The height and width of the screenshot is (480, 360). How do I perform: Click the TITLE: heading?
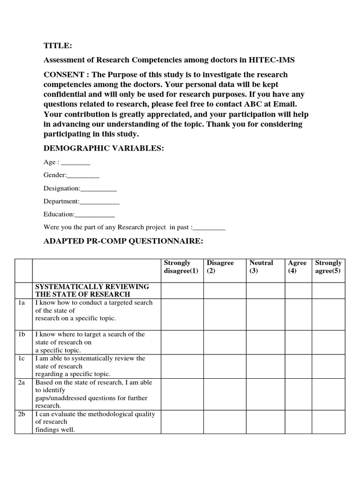[x=58, y=45]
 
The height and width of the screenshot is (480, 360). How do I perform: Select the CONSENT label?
[x=66, y=75]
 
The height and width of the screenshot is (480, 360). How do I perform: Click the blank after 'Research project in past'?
[x=209, y=228]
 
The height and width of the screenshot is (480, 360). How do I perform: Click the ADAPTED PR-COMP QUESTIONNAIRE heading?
[x=123, y=241]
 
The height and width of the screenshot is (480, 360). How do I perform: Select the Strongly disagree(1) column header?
[x=181, y=267]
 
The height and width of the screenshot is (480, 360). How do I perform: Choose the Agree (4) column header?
[x=298, y=267]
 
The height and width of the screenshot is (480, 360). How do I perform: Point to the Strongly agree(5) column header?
[x=328, y=267]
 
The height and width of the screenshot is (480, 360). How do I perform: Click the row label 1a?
[x=22, y=303]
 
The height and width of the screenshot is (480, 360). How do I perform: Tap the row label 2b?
[x=22, y=414]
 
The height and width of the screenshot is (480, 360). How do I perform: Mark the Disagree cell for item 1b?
[x=225, y=342]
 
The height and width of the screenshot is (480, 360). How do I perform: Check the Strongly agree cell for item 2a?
[x=328, y=394]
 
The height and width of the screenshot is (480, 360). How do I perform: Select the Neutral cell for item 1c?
[x=266, y=366]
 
